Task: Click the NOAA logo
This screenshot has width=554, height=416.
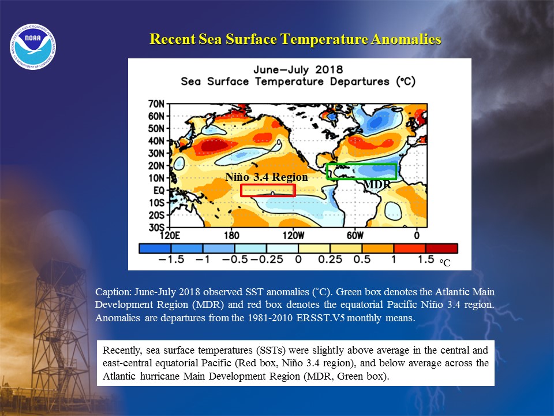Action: point(33,47)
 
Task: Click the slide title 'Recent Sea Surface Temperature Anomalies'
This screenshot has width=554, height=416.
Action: point(295,39)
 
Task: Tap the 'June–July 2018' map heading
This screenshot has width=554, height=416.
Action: point(298,69)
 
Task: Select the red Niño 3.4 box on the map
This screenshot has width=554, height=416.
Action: point(268,185)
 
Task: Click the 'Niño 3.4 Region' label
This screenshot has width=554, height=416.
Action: point(267,177)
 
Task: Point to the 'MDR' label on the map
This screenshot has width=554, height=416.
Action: point(377,185)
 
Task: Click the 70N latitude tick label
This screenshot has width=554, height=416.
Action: point(156,104)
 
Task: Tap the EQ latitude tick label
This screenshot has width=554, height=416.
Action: point(159,190)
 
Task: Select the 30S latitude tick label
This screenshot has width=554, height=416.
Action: point(156,227)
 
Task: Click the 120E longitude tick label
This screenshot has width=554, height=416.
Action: point(170,235)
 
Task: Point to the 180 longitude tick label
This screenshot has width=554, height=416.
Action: point(231,235)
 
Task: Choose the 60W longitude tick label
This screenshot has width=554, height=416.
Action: point(355,235)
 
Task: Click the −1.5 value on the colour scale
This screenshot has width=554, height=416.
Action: point(171,259)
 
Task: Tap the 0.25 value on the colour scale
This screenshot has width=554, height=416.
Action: point(330,259)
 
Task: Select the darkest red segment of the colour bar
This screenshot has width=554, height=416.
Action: point(441,248)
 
